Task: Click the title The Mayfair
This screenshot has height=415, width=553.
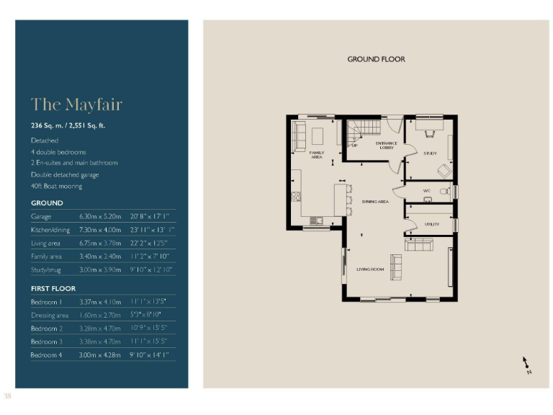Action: point(76,104)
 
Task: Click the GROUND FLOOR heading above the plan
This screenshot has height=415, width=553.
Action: point(376,59)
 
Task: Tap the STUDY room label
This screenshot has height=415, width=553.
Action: point(430,153)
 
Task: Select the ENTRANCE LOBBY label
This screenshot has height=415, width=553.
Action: point(387,145)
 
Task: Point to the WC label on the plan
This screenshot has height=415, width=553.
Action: point(427,191)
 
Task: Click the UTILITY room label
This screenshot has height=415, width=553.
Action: point(432,225)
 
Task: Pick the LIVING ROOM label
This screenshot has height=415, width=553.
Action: point(370,269)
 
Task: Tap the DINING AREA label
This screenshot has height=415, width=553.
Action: point(375,202)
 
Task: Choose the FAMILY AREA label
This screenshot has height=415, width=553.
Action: point(317,155)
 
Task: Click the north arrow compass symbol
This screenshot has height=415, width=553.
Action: point(526,365)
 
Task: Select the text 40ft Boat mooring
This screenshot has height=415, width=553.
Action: point(56,186)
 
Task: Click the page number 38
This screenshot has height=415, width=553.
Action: point(8,396)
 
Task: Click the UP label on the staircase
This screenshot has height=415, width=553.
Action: point(354,146)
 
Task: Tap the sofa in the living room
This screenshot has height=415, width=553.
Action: point(418,246)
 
